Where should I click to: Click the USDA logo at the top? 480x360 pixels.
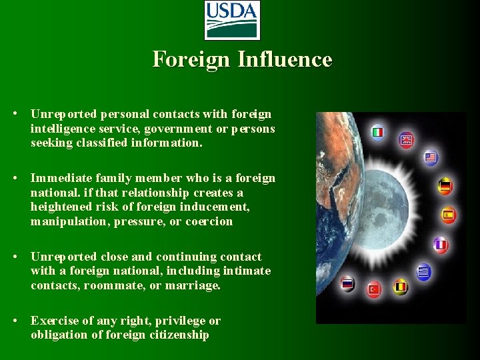coord(232,20)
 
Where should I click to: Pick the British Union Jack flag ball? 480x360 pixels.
coord(406,140)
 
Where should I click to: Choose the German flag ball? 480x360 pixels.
coord(445,186)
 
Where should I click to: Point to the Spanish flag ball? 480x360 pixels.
coord(448,215)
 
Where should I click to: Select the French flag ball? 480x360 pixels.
coord(440,245)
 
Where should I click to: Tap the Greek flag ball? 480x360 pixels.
coord(424,271)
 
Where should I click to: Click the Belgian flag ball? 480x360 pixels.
coord(400,287)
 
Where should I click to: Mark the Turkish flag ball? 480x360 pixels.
coord(374,289)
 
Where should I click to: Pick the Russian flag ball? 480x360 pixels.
coord(347,283)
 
